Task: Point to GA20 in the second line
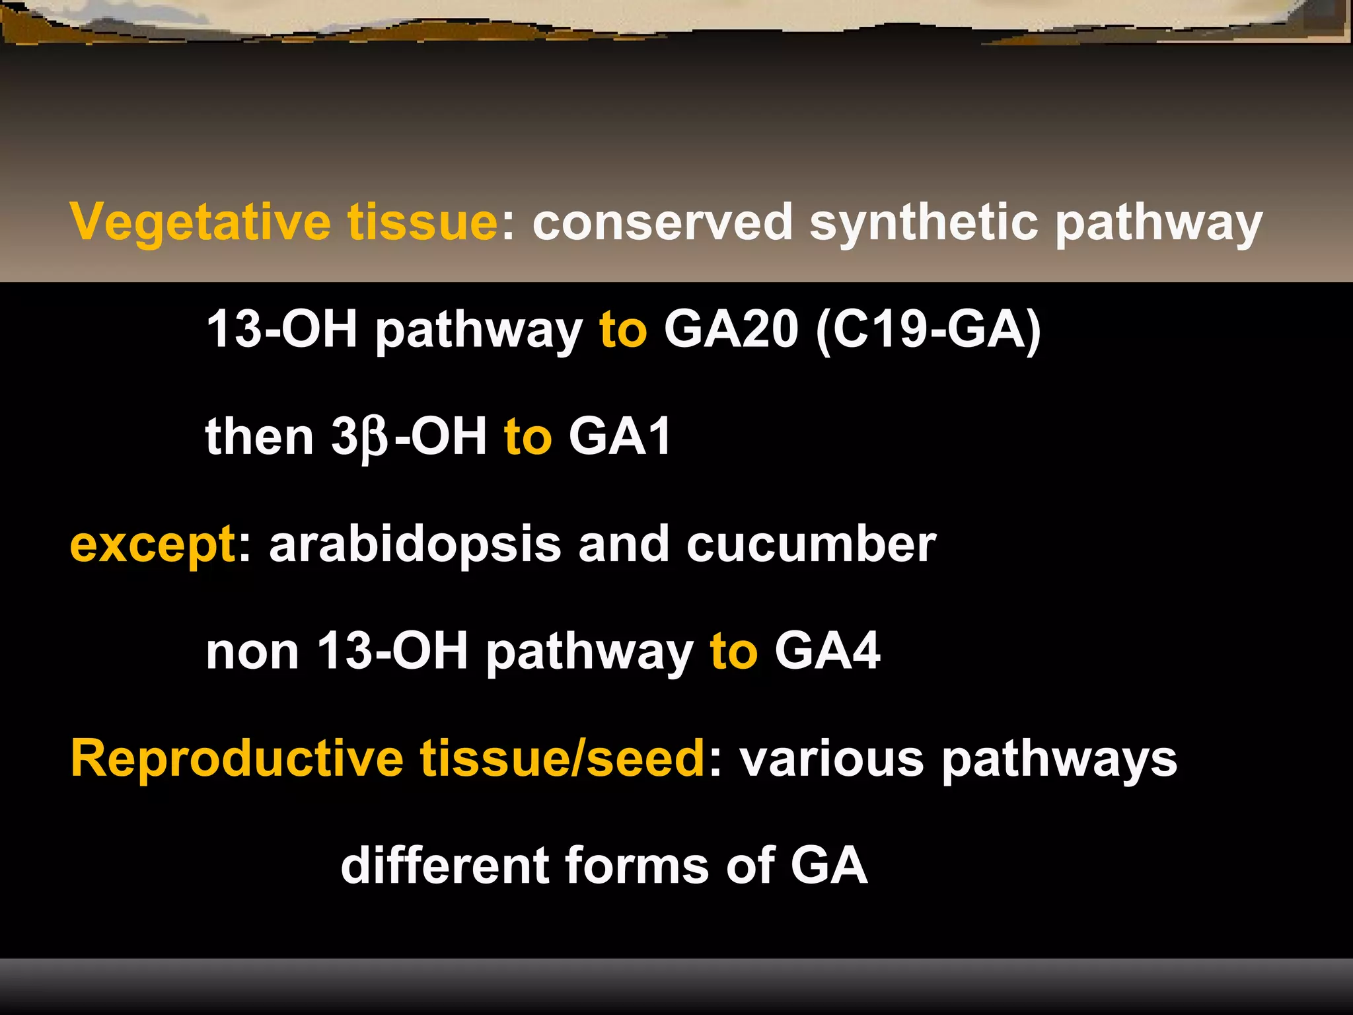click(x=731, y=329)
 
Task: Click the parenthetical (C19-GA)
click(x=929, y=329)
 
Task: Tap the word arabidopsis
click(x=415, y=545)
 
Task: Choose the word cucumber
click(x=811, y=545)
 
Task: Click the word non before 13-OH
click(x=252, y=652)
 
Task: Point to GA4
click(x=827, y=652)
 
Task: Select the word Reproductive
click(x=237, y=759)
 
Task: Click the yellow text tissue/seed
click(x=563, y=759)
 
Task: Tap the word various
click(x=831, y=760)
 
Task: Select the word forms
click(x=637, y=866)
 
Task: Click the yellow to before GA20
click(x=623, y=330)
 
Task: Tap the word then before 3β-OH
click(x=259, y=437)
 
